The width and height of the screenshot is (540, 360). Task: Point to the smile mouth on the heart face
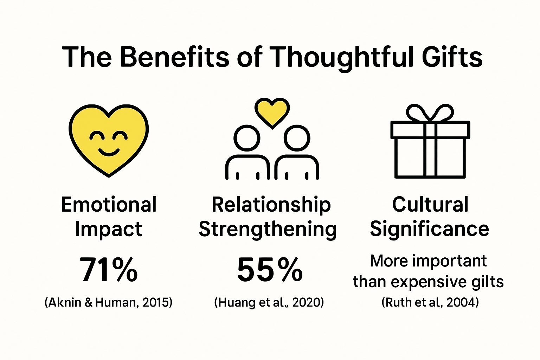click(x=109, y=152)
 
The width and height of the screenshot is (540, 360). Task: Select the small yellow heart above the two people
click(x=272, y=112)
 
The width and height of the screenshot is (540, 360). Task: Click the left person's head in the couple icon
click(x=247, y=138)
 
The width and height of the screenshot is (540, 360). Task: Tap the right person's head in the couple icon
click(x=297, y=138)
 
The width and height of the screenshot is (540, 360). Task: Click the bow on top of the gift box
click(x=430, y=112)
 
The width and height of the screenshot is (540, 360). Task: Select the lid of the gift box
click(x=430, y=130)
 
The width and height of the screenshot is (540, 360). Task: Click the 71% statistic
click(x=109, y=270)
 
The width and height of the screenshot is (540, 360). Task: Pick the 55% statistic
click(x=270, y=270)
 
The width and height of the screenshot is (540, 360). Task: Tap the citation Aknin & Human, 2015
click(x=109, y=302)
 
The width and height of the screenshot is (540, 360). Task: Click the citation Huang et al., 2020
click(x=269, y=302)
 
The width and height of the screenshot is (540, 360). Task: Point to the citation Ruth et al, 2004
click(x=430, y=302)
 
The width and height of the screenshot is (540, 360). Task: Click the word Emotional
click(x=109, y=205)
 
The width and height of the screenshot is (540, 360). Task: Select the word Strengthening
click(x=268, y=229)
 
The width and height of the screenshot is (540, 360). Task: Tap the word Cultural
click(x=430, y=205)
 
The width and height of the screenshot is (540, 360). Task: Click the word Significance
click(x=429, y=229)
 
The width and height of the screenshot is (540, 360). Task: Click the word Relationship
click(x=271, y=205)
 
